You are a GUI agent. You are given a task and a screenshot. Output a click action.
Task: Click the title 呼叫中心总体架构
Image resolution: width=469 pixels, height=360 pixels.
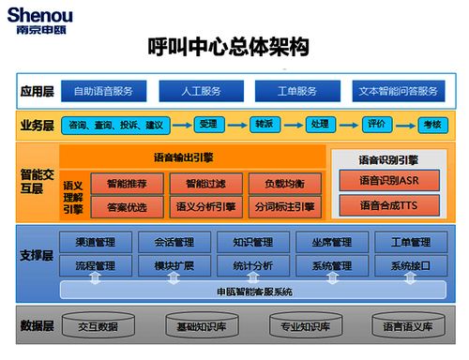pyautogui.click(x=229, y=46)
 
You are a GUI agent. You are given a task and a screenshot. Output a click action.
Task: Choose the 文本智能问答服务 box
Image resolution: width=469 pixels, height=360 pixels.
pyautogui.click(x=398, y=91)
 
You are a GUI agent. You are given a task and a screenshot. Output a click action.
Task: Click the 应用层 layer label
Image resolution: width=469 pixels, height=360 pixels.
pyautogui.click(x=37, y=91)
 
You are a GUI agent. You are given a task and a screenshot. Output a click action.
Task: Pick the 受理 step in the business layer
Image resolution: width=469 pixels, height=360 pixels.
pyautogui.click(x=208, y=124)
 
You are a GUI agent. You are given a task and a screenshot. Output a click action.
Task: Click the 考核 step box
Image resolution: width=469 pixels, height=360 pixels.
pyautogui.click(x=431, y=124)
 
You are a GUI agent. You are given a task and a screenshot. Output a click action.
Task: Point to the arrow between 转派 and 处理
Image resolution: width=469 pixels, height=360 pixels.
pyautogui.click(x=292, y=124)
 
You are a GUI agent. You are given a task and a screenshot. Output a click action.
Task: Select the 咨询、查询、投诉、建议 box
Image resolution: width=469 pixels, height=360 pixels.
pyautogui.click(x=116, y=124)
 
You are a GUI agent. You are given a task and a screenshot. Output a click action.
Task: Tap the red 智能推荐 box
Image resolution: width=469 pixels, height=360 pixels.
pyautogui.click(x=126, y=183)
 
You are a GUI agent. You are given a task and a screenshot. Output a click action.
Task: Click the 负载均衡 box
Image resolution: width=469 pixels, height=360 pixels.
pyautogui.click(x=284, y=183)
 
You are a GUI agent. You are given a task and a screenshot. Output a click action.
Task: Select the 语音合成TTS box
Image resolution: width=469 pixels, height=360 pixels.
pyautogui.click(x=388, y=204)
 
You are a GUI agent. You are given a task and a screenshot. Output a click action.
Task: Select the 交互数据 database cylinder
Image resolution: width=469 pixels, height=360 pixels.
pyautogui.click(x=98, y=326)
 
